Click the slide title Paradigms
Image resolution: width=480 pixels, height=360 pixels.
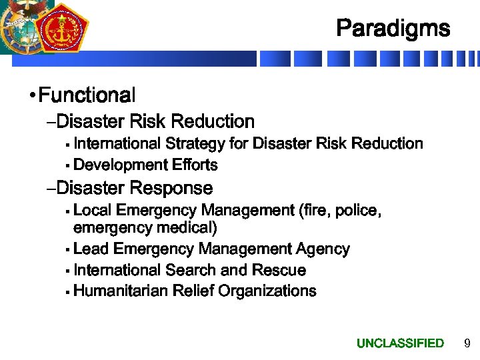[393, 29]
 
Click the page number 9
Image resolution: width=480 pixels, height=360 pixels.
[467, 343]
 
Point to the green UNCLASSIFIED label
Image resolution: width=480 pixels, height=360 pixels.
[400, 343]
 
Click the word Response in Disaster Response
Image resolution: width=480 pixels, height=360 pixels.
[172, 188]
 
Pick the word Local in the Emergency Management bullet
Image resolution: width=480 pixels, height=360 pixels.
[92, 211]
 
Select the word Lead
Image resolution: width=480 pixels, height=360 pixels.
[91, 249]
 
